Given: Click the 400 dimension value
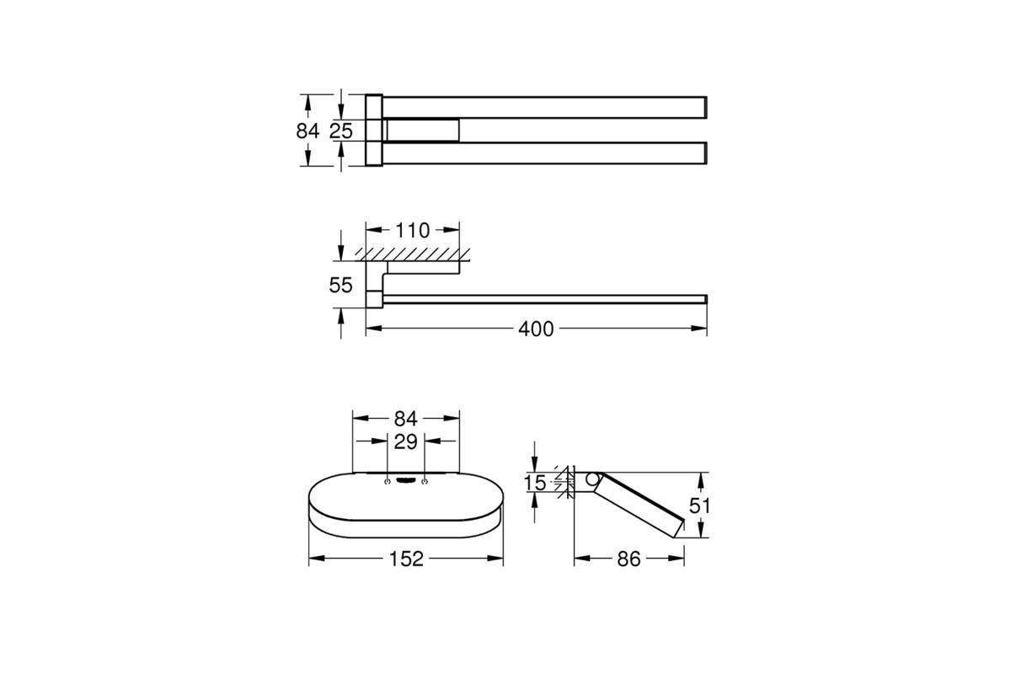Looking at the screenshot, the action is click(x=536, y=329).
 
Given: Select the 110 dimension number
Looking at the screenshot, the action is click(x=413, y=231).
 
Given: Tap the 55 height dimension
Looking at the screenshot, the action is click(x=340, y=286).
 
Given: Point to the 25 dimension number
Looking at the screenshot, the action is click(x=340, y=131).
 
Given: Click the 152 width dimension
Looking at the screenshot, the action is click(x=406, y=559).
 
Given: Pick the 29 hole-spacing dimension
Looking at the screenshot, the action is click(x=405, y=442).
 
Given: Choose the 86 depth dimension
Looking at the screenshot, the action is click(x=629, y=559).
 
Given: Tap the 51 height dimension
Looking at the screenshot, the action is click(x=699, y=506).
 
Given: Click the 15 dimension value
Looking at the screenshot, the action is click(x=535, y=483).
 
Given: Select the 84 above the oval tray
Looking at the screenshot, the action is click(x=405, y=420).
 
